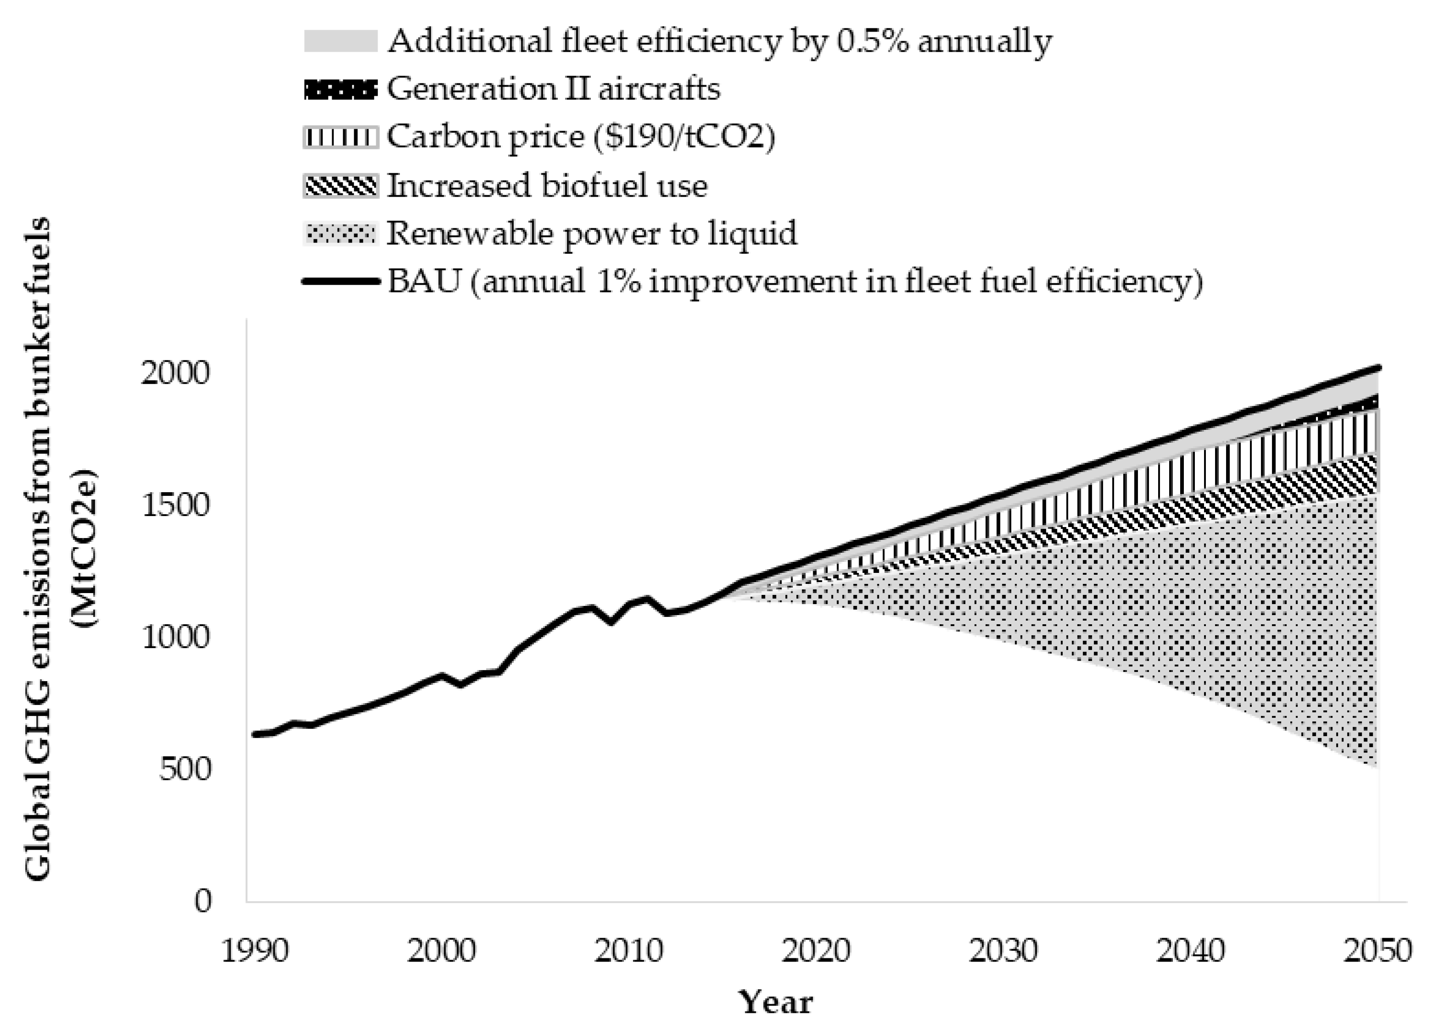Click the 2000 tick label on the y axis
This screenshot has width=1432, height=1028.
(174, 373)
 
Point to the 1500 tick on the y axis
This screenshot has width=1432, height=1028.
(174, 505)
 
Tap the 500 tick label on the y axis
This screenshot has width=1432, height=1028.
(184, 769)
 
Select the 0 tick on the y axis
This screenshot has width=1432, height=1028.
(203, 901)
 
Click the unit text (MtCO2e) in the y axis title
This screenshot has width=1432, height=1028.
(84, 548)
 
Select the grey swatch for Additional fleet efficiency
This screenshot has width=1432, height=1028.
(340, 41)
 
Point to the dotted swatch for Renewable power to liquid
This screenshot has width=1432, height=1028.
(340, 233)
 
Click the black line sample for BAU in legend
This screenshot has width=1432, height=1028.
(340, 281)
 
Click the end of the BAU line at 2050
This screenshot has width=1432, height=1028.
(1378, 367)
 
